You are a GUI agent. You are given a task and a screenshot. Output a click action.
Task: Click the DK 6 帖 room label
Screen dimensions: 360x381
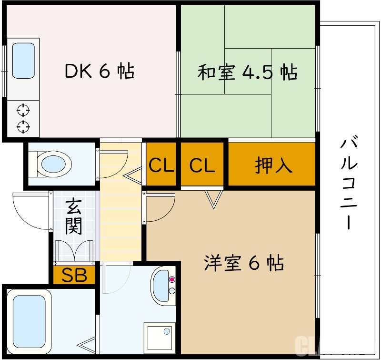coord(99,71)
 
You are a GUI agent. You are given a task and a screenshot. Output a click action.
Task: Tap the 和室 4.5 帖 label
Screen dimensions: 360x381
coord(247,73)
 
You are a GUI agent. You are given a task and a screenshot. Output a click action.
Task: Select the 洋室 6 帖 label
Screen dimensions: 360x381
coord(244,263)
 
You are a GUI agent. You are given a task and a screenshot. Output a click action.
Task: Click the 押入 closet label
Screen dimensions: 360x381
coord(273,165)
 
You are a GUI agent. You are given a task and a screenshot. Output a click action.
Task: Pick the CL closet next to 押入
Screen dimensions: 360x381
coord(202,165)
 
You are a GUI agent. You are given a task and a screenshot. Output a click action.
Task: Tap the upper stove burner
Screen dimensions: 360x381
coord(23,110)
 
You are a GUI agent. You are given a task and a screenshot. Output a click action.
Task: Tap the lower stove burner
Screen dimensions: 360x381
coord(23,127)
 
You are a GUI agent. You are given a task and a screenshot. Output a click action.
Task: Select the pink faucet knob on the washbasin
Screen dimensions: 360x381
coord(172,279)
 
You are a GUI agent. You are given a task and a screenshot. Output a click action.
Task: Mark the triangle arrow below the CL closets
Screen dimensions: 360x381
coord(213,198)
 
